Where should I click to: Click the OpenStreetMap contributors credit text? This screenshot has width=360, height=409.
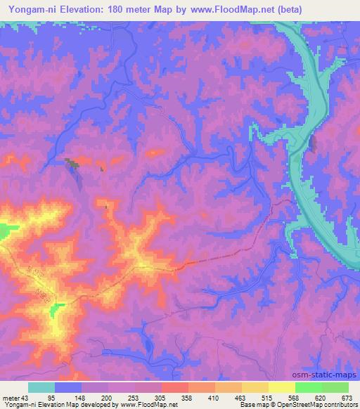click(x=320, y=404)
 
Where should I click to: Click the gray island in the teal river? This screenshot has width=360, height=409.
click(x=312, y=143)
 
